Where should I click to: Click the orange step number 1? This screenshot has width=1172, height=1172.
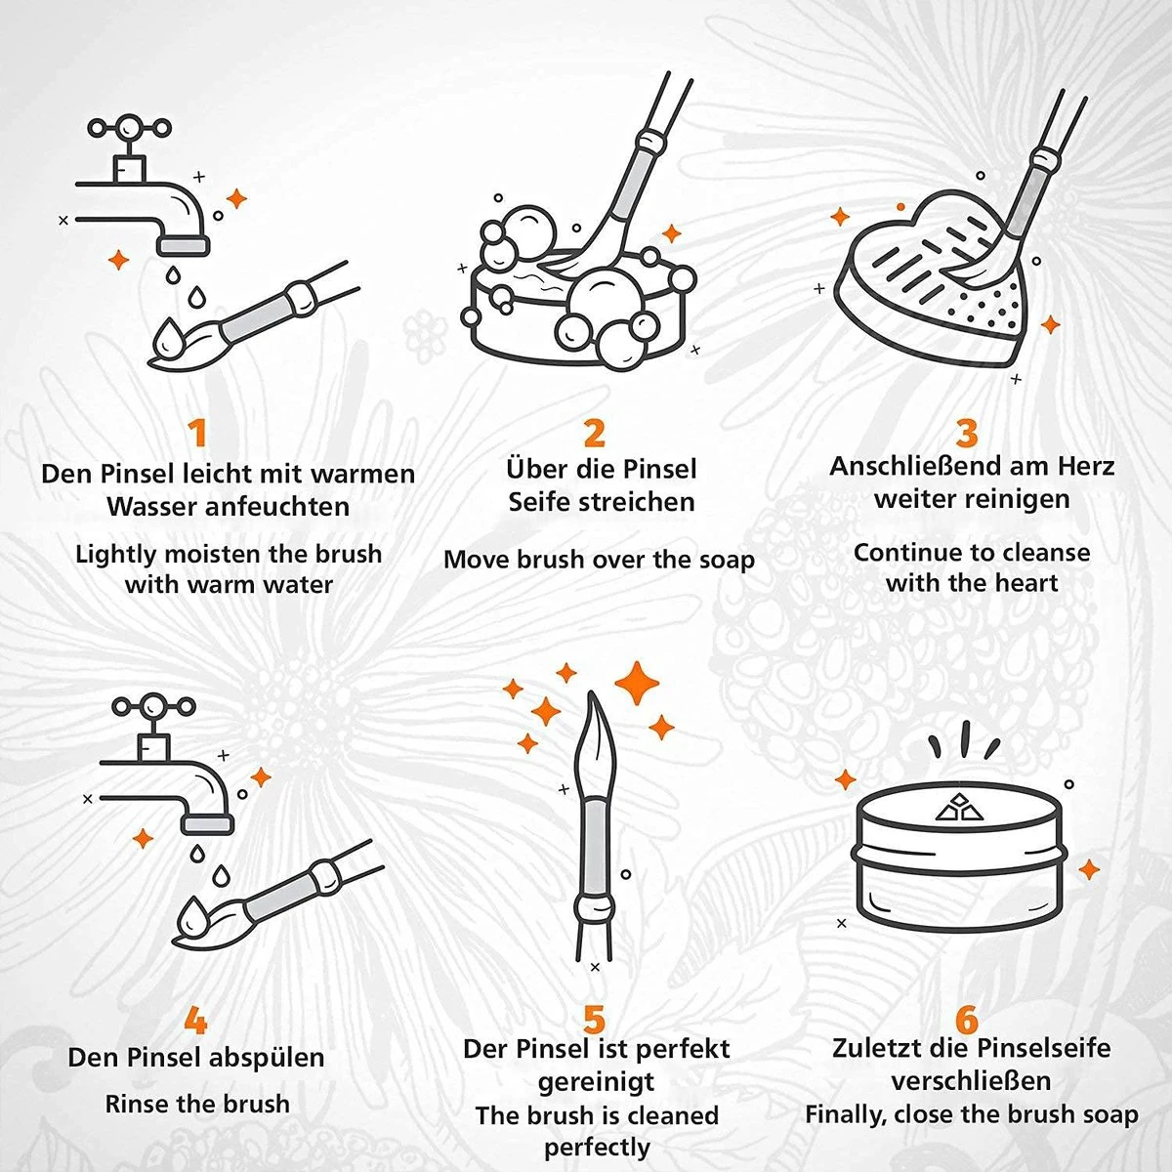pyautogui.click(x=198, y=433)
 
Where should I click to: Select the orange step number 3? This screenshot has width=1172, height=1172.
pyautogui.click(x=966, y=432)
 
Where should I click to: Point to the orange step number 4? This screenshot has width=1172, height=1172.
pyautogui.click(x=195, y=1022)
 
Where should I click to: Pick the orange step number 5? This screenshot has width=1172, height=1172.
pyautogui.click(x=595, y=1020)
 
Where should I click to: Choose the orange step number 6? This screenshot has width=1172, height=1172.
pyautogui.click(x=966, y=1020)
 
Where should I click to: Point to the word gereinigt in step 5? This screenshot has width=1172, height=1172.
pyautogui.click(x=596, y=1082)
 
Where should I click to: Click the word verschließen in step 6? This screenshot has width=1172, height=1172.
pyautogui.click(x=971, y=1081)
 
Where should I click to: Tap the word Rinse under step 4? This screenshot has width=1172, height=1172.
pyautogui.click(x=138, y=1105)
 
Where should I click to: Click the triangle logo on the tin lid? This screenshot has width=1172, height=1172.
pyautogui.click(x=956, y=808)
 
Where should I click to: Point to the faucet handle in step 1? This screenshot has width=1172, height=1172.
pyautogui.click(x=129, y=128)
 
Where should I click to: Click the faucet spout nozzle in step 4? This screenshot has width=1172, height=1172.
pyautogui.click(x=208, y=823)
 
